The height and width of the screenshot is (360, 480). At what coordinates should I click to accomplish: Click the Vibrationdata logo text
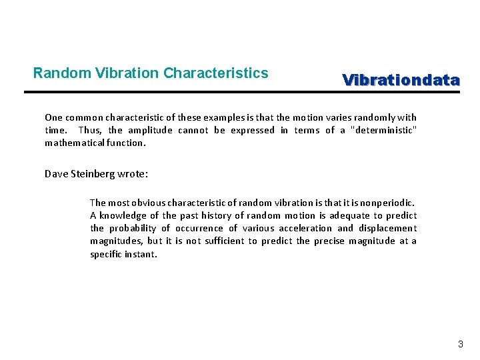401,81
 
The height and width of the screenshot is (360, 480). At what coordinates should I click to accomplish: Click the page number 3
460,345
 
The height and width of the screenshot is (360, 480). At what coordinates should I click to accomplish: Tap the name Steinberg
93,174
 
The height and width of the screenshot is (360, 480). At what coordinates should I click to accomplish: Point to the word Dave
57,174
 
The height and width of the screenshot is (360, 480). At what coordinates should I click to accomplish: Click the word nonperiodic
386,202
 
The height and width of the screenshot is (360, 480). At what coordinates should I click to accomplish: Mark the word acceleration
302,228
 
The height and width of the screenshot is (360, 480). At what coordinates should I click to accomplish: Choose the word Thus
89,130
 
